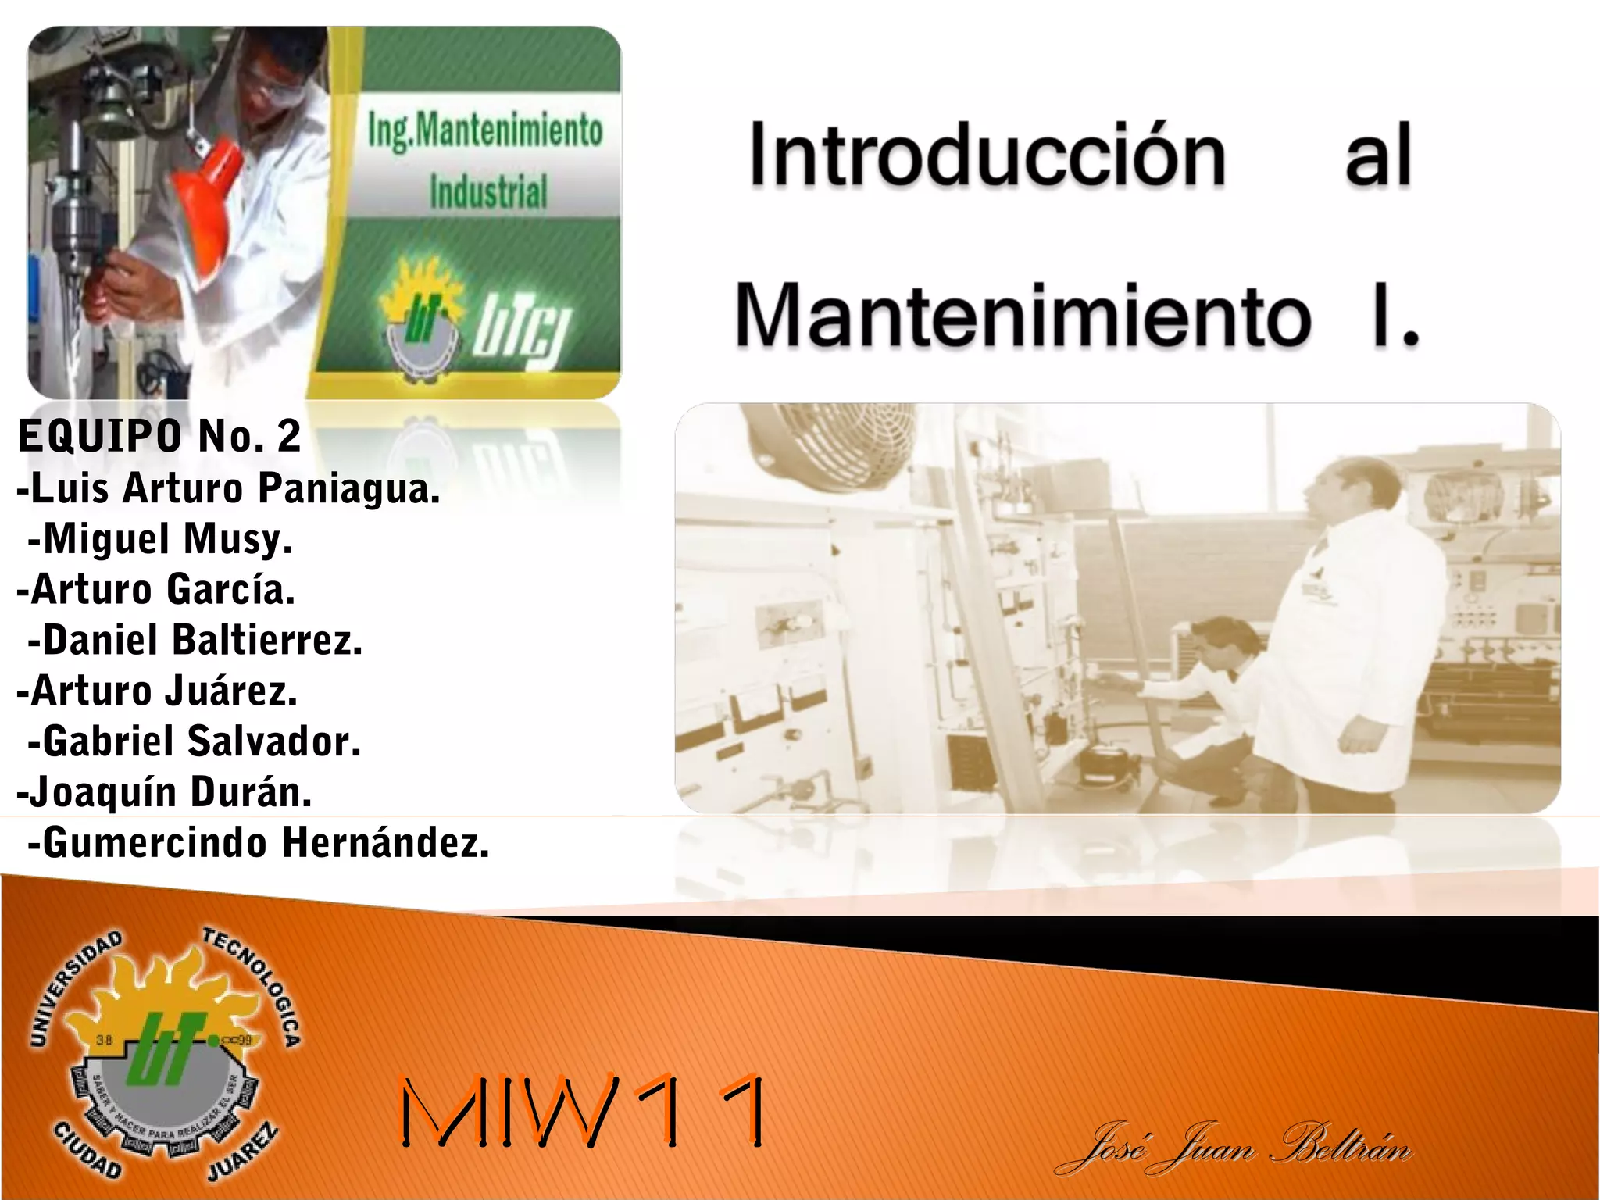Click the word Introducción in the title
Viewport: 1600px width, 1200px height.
(987, 156)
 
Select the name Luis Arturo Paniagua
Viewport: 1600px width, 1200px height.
(229, 489)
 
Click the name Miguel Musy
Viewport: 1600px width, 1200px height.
(160, 540)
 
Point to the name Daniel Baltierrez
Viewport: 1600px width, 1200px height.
(195, 641)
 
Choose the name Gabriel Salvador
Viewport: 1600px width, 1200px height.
(195, 742)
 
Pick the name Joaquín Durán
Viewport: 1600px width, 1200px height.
(165, 792)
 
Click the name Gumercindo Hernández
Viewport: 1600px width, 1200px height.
(259, 844)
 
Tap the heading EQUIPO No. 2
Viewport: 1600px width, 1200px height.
(159, 436)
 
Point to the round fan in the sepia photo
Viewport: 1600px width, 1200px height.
(828, 445)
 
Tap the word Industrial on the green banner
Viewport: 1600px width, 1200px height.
(488, 192)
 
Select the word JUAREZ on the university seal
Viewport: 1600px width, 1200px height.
(243, 1153)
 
